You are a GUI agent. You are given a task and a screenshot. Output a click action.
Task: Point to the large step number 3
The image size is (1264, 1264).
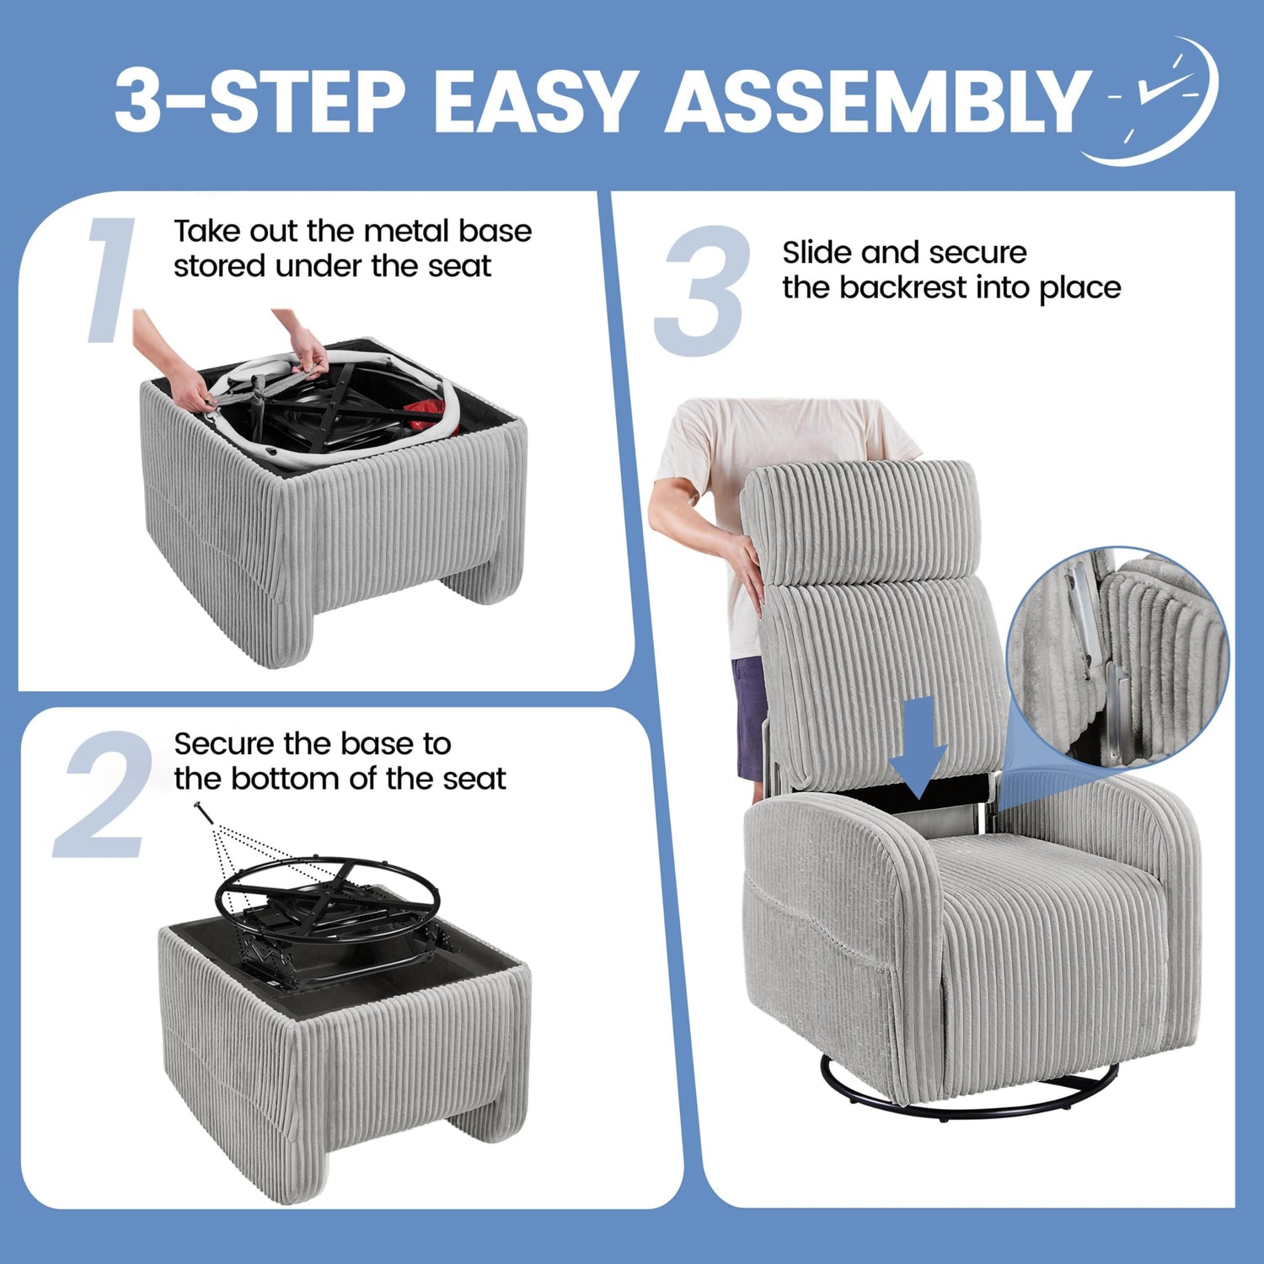pos(703,291)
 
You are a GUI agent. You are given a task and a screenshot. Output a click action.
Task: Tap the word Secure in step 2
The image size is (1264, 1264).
pos(225,743)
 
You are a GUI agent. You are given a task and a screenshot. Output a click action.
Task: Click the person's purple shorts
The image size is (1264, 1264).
pos(750,718)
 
